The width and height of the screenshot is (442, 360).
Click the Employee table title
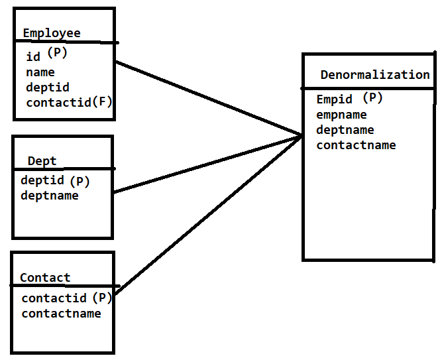pos(52,33)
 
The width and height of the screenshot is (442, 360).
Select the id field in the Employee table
pos(33,57)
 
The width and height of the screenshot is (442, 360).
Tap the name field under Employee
pos(40,72)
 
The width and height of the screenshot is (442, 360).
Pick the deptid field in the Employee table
pos(48,87)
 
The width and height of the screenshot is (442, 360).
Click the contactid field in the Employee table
pos(58,102)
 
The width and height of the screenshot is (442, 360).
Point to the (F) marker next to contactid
pos(103,101)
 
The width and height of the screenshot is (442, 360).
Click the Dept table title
pos(42,161)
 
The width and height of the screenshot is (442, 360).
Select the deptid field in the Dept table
pos(42,180)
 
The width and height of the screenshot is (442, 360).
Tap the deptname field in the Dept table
pos(50,196)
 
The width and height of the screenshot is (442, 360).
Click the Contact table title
pos(45,278)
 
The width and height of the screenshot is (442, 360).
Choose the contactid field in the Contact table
pos(54,298)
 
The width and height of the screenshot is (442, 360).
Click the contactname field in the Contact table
pos(62,313)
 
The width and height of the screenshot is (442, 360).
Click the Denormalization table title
pos(375,75)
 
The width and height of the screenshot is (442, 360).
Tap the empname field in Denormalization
pos(341,115)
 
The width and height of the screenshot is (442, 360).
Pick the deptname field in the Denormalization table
pos(345,130)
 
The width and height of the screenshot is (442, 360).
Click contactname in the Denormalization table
pos(356,145)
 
